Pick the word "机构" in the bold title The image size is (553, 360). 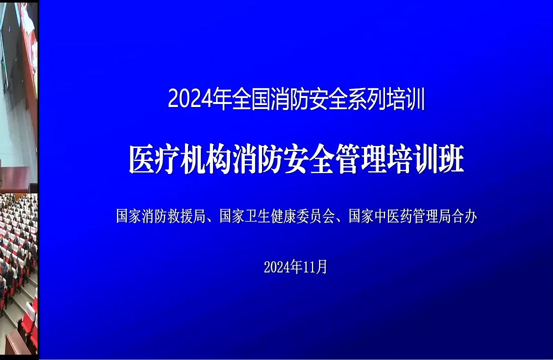[x=201, y=160]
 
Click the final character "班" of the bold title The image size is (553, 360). [x=451, y=160]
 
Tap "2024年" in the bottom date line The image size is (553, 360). [x=283, y=267]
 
